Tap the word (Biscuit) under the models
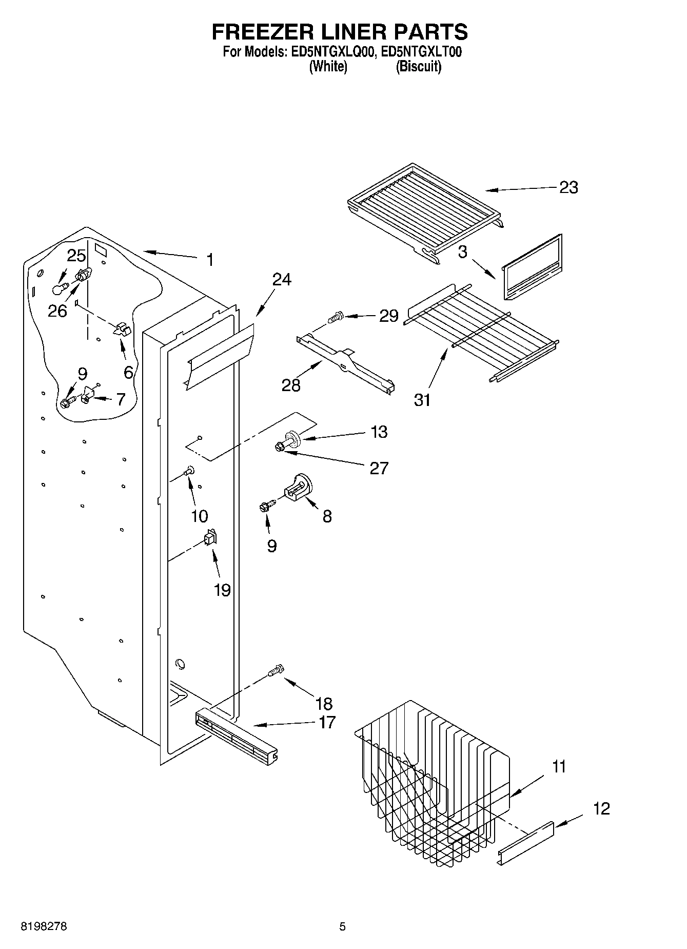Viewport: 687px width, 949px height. click(x=418, y=66)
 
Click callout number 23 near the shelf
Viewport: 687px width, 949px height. click(x=568, y=188)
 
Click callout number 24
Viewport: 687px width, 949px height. click(x=282, y=279)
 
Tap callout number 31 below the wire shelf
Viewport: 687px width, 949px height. click(x=422, y=399)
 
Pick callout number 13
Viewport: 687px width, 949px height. click(x=379, y=432)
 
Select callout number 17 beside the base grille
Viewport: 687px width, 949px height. click(x=326, y=722)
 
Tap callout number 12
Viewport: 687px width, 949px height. click(x=601, y=808)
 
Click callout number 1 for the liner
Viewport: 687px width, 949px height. click(x=209, y=260)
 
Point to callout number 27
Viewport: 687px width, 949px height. click(x=379, y=468)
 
